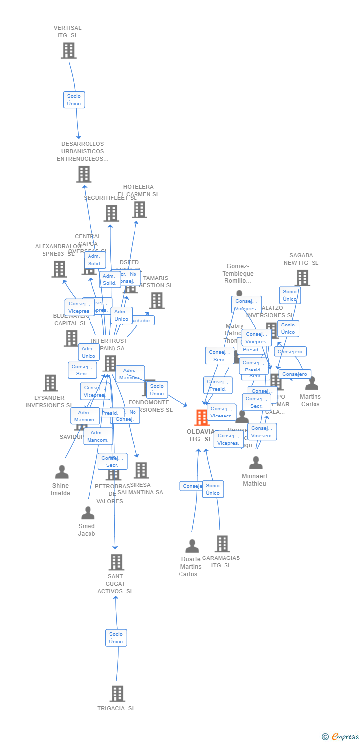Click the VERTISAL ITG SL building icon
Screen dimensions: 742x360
click(x=69, y=50)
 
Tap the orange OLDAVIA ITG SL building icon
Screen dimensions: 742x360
click(x=202, y=418)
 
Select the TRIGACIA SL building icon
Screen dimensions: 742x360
click(x=117, y=694)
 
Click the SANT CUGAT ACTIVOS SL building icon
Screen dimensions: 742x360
click(x=116, y=562)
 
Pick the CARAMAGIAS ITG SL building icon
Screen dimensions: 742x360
click(x=222, y=544)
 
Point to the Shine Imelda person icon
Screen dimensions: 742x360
click(x=62, y=472)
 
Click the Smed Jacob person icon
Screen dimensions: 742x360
click(x=88, y=513)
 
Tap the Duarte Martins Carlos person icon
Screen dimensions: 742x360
click(x=192, y=546)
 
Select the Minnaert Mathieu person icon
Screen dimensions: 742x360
click(x=256, y=463)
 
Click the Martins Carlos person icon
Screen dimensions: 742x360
click(x=312, y=383)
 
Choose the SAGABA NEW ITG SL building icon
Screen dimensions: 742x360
click(x=302, y=278)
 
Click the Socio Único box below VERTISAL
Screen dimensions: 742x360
click(x=74, y=100)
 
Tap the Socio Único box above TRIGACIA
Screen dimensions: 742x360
click(x=116, y=638)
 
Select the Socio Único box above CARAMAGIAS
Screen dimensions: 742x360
click(x=213, y=489)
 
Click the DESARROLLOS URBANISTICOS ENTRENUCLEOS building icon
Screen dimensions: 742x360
click(x=84, y=174)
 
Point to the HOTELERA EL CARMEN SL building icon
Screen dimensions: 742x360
click(x=139, y=210)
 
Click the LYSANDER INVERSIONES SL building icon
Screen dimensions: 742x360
click(x=50, y=383)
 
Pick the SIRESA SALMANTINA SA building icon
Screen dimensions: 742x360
click(x=141, y=470)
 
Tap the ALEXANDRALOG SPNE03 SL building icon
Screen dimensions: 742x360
click(x=59, y=269)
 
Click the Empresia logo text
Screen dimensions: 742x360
click(x=345, y=737)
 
